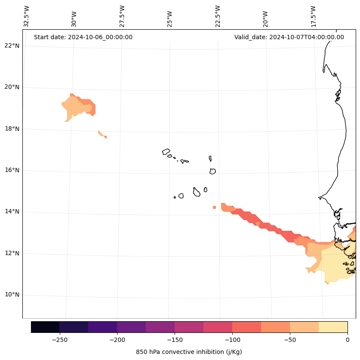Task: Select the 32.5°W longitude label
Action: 27,16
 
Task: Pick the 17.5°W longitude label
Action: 314,16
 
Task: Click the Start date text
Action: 83,37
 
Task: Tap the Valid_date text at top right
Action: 289,37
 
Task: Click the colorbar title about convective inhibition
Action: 189,352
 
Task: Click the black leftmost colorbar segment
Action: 45,327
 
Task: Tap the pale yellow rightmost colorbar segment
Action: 333,327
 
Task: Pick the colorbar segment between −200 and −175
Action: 131,327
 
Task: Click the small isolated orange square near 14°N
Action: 214,207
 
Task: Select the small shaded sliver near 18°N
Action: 102,134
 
